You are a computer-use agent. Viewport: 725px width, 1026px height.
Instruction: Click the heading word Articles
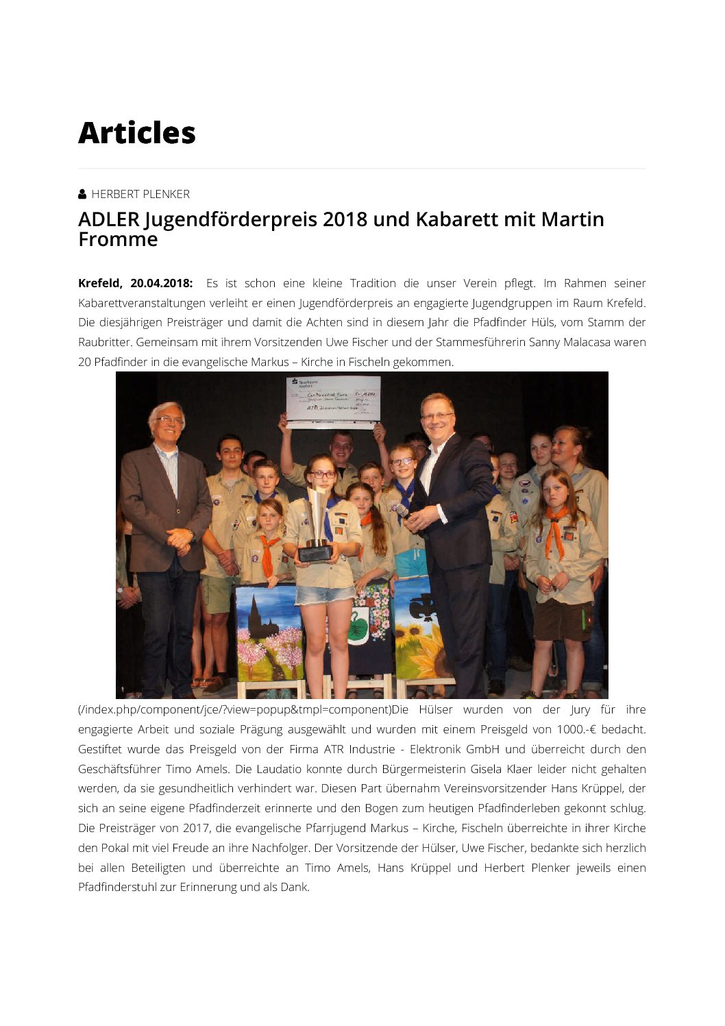pyautogui.click(x=137, y=133)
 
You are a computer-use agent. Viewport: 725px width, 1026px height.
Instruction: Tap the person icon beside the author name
pyautogui.click(x=82, y=194)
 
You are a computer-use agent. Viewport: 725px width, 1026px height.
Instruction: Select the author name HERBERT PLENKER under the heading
pyautogui.click(x=140, y=194)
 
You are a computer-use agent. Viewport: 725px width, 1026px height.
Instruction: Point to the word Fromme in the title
pyautogui.click(x=118, y=239)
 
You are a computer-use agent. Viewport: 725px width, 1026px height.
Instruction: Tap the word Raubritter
pyautogui.click(x=104, y=342)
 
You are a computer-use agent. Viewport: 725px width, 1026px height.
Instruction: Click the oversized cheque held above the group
pyautogui.click(x=333, y=401)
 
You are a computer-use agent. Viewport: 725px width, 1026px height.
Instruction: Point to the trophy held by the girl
pyautogui.click(x=317, y=524)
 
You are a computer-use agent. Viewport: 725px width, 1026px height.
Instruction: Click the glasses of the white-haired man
pyautogui.click(x=169, y=420)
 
